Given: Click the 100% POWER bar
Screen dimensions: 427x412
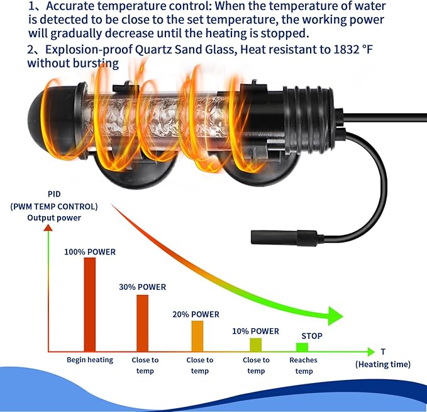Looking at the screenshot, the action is click(x=89, y=304).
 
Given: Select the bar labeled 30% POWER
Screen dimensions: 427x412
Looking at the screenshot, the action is click(x=142, y=323).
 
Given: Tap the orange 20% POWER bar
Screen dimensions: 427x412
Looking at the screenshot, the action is click(x=197, y=336).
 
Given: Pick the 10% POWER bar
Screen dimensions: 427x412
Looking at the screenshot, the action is click(x=256, y=345).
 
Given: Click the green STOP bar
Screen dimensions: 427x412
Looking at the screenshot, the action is click(x=302, y=347).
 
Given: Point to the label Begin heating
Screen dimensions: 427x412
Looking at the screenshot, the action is click(x=90, y=360).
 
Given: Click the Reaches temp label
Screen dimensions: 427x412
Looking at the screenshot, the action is click(x=303, y=365).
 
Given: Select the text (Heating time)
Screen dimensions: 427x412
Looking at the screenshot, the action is click(x=382, y=365).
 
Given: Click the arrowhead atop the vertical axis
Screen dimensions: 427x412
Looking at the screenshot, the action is click(x=48, y=227).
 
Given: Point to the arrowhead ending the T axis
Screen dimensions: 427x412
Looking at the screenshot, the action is click(x=371, y=352).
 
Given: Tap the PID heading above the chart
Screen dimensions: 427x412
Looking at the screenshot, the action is click(x=54, y=194).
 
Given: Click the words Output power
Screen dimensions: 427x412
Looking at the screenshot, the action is click(x=54, y=218).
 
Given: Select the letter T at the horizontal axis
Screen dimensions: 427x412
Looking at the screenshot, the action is click(x=383, y=352).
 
